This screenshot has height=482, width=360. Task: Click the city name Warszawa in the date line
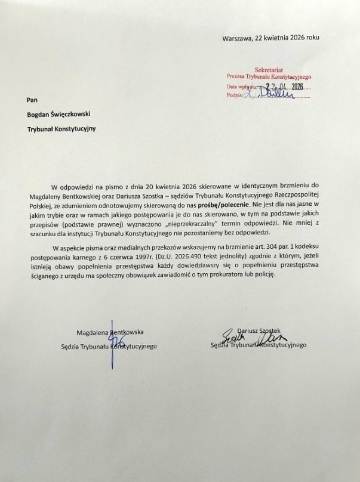pos(238,37)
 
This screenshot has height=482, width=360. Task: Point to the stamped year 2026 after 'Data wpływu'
pos(293,86)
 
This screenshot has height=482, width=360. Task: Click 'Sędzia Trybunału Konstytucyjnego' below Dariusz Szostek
pos(259,345)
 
